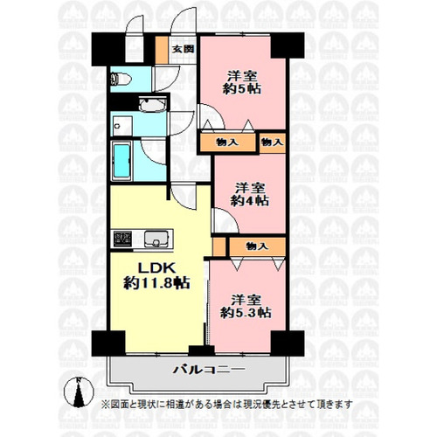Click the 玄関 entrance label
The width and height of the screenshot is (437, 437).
183,49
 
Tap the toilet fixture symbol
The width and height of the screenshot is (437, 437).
121,79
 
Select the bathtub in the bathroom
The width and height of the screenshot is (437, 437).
121,161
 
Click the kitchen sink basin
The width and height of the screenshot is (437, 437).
156,239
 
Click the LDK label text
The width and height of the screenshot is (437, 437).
156,268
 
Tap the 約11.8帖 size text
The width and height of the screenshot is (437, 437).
156,282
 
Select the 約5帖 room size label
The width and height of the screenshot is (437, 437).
242,88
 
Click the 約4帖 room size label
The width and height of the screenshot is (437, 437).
250,200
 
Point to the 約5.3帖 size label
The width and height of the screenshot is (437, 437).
246,313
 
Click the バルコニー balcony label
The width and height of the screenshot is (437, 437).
209,370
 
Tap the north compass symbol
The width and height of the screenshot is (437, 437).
79,392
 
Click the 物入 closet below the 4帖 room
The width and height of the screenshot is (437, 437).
257,246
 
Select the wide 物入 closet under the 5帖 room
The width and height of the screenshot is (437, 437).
228,142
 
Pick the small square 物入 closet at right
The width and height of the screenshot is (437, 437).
272,142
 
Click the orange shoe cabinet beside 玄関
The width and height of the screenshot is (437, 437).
161,50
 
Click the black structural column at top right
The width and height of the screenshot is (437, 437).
288,45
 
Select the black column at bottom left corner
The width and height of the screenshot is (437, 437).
108,343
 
